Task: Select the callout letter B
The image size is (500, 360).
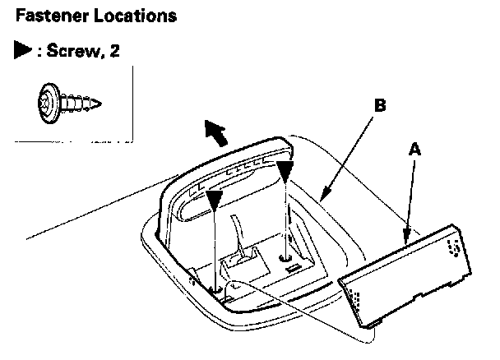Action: (379, 106)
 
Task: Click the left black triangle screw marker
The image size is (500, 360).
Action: (215, 200)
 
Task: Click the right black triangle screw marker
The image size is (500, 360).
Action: (285, 171)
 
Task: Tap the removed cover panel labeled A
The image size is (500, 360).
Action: (408, 271)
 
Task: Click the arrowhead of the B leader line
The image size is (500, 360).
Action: (322, 198)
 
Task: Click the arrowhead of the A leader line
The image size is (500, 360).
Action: (404, 239)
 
